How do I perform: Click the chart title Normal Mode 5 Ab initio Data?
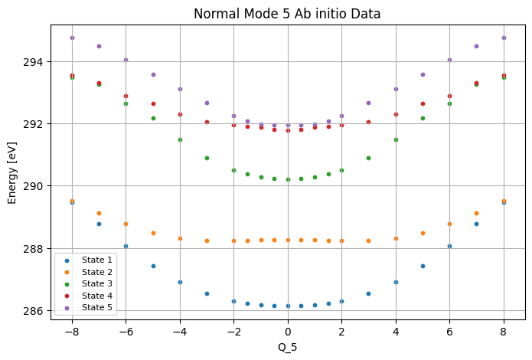(287, 14)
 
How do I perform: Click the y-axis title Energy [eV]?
(11, 173)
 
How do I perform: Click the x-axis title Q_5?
(287, 347)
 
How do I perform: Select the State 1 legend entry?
(88, 260)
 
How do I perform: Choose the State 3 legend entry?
(88, 283)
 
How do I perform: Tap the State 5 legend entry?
(88, 307)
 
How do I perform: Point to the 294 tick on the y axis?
(33, 62)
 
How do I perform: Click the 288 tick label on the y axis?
(33, 249)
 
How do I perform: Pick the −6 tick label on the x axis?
(126, 332)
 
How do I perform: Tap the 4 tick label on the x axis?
(396, 332)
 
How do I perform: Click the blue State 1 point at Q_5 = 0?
(288, 306)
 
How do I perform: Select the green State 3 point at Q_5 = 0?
(288, 180)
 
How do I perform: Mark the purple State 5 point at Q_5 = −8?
(72, 38)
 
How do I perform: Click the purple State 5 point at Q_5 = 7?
(476, 46)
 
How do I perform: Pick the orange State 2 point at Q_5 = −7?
(99, 213)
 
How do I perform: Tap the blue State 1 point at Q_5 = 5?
(423, 267)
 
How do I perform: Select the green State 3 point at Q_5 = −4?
(180, 140)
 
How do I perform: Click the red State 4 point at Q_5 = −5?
(153, 104)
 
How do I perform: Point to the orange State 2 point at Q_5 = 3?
(368, 241)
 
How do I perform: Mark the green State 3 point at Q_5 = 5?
(423, 119)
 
